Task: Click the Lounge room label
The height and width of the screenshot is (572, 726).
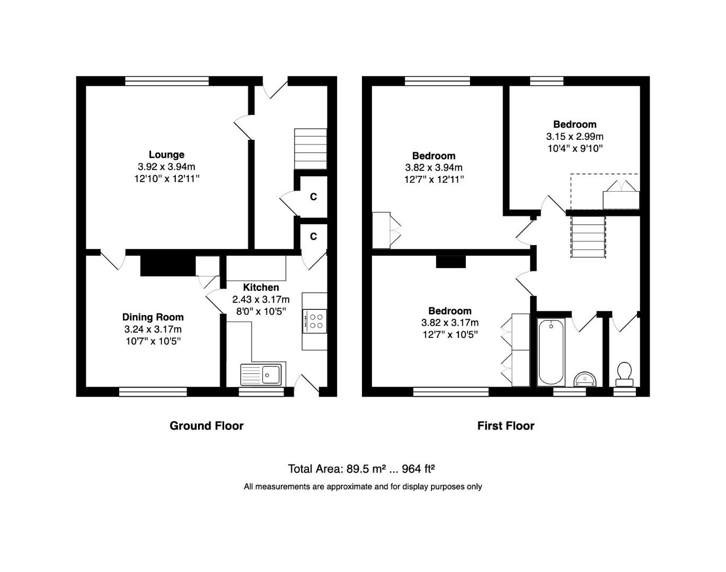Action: tap(166, 155)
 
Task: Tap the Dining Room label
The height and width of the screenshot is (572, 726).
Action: tap(153, 317)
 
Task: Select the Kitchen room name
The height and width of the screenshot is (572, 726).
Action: tap(261, 288)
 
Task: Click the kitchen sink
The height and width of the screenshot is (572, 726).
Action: tap(263, 374)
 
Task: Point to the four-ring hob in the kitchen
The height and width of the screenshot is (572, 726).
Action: tap(315, 321)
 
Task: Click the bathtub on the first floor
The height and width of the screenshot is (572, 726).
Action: tap(551, 352)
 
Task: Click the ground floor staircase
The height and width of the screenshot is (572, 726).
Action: tap(310, 149)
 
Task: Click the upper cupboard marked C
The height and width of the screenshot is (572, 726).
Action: tap(313, 197)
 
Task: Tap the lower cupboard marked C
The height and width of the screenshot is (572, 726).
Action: tap(313, 236)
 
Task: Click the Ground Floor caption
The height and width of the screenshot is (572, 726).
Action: tap(206, 426)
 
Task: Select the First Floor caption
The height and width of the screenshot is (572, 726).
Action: tap(506, 426)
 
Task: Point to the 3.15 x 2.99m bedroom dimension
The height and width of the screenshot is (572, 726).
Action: tap(575, 137)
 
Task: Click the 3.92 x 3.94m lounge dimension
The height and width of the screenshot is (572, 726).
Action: tap(166, 167)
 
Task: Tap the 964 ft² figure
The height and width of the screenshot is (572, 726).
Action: tap(419, 469)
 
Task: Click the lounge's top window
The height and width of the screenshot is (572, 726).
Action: tap(167, 81)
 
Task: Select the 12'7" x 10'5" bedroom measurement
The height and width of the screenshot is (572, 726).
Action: tap(449, 334)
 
